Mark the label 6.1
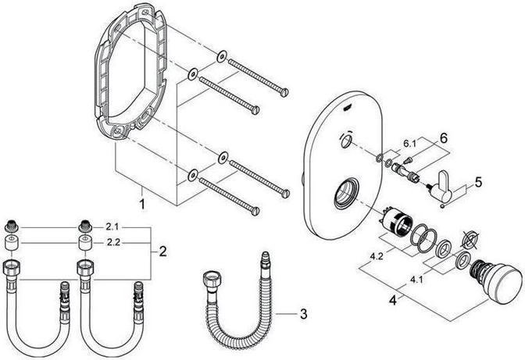click(x=409, y=144)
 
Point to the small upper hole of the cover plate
click(x=344, y=143)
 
